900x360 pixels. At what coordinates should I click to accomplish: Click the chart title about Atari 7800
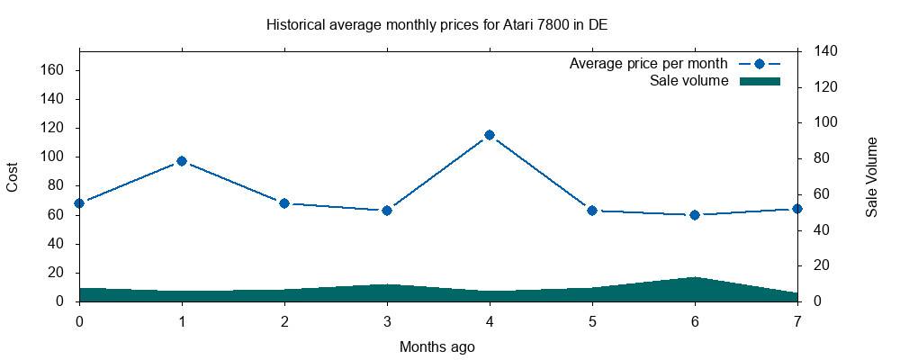point(436,24)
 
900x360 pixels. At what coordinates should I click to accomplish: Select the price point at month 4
point(490,135)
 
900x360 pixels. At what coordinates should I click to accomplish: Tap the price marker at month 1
point(182,161)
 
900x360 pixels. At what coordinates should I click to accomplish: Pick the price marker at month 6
point(695,215)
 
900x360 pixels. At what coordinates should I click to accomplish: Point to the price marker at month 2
point(284,203)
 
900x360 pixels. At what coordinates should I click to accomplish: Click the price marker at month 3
point(387,211)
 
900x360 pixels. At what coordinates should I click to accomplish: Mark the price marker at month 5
point(592,211)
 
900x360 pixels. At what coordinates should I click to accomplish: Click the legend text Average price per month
point(648,64)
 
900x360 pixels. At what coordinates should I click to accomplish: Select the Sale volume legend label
point(688,82)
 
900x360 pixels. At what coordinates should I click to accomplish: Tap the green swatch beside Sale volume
point(760,82)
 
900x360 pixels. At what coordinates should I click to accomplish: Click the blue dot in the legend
point(760,64)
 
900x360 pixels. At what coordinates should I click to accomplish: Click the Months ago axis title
point(437,346)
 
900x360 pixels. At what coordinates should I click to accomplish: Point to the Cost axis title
point(13,176)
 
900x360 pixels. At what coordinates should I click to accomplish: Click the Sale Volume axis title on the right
point(871,176)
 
